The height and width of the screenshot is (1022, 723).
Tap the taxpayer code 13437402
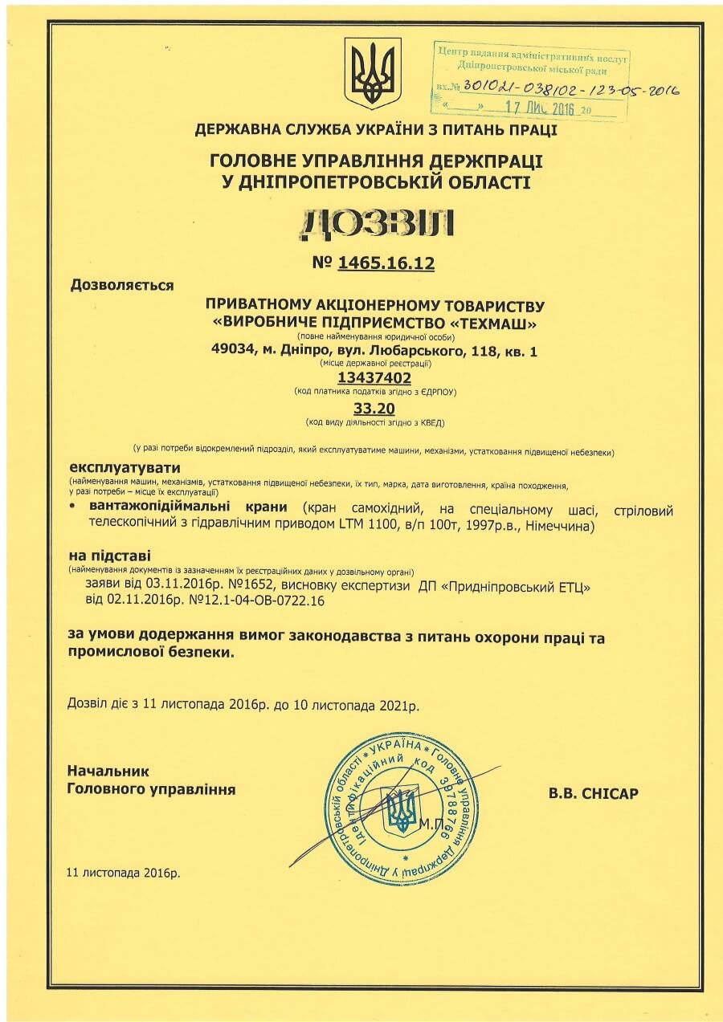click(x=375, y=377)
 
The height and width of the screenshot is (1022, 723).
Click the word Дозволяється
click(x=122, y=283)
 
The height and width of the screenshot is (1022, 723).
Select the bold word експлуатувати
click(x=125, y=467)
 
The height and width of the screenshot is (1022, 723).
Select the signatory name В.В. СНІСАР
click(x=593, y=794)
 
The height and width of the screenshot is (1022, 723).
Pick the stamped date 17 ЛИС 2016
click(x=535, y=108)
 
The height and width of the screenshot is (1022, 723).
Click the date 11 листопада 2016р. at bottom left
click(x=124, y=872)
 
